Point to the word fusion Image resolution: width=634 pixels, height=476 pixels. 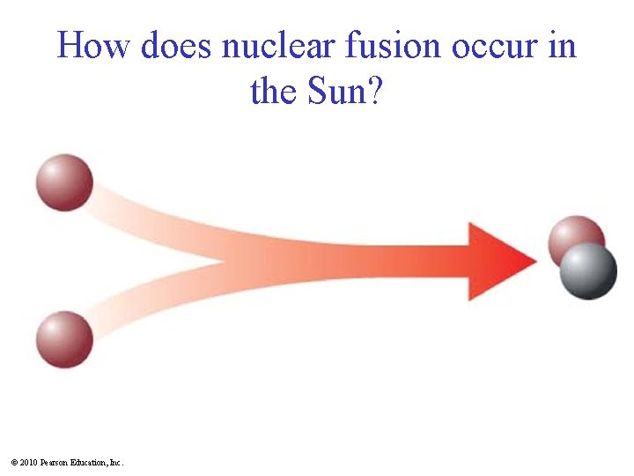pos(397,46)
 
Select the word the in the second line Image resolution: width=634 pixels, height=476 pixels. pos(275,90)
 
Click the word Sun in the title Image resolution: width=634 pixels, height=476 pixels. pos(335,90)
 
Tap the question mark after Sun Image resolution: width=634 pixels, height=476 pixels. pos(375,90)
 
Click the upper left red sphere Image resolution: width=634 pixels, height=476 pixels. pos(64,182)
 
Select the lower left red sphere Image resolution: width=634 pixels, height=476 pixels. pos(64,339)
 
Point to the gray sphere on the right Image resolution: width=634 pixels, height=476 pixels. pos(588,271)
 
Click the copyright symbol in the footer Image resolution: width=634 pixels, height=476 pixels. pos(15,462)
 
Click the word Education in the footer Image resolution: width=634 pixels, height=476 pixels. pos(89,462)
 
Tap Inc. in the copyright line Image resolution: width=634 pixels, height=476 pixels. pos(116,462)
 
